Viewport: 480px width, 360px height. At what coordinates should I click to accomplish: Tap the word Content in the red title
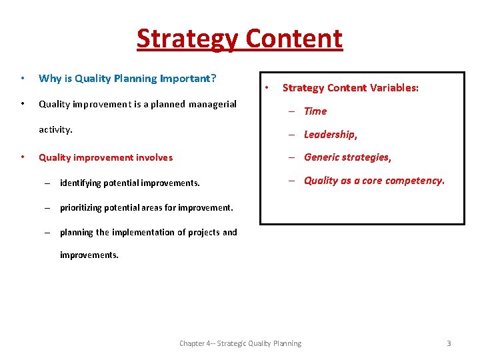[294, 39]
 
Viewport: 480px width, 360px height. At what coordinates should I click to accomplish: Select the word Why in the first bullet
[50, 78]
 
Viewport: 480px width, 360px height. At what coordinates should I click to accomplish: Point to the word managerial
[213, 104]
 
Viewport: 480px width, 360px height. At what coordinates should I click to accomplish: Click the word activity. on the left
[55, 129]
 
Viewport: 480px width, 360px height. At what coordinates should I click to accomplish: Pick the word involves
[154, 157]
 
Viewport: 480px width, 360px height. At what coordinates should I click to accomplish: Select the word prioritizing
[85, 207]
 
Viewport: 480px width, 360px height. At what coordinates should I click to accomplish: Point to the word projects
[204, 233]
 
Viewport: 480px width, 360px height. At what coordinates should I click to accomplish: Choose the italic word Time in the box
[315, 111]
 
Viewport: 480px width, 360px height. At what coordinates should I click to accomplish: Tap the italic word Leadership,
[331, 135]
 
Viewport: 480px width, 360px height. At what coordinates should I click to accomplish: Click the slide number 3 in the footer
[449, 343]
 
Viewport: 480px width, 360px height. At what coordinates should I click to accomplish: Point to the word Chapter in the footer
[193, 343]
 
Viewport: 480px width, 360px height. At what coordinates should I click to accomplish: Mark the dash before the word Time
[292, 111]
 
